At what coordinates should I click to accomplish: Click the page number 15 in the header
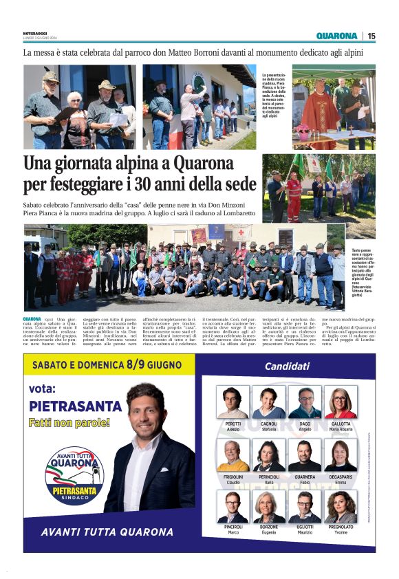[x=371, y=36]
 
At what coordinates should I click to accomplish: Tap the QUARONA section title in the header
[x=337, y=36]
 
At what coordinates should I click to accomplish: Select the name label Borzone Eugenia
[x=268, y=529]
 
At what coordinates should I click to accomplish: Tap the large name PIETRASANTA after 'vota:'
[x=70, y=406]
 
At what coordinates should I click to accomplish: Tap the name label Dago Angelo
[x=305, y=426]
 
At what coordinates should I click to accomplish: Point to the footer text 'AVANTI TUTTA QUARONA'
[x=107, y=532]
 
